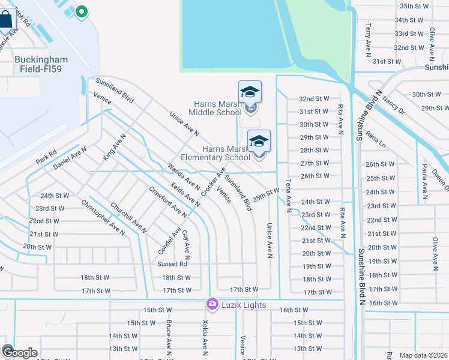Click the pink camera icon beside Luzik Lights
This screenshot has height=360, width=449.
[x=212, y=305]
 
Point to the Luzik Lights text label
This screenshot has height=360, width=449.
[x=243, y=305]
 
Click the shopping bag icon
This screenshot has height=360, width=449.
[x=5, y=20]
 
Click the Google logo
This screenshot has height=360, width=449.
[x=19, y=352]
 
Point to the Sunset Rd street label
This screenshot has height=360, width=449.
[x=172, y=264]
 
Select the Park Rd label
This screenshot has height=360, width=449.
[x=46, y=157]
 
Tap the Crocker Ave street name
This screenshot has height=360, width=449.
[x=214, y=181]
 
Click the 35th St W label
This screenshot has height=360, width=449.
[x=415, y=6]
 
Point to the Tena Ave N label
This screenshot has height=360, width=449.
[x=288, y=196]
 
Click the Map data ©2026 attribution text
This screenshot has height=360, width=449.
[x=423, y=355]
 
